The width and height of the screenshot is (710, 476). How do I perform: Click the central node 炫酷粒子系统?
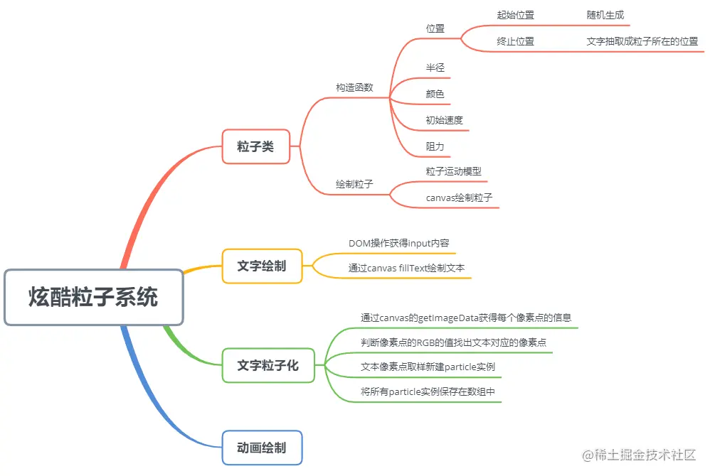(94, 297)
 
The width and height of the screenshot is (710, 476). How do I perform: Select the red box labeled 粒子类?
(255, 147)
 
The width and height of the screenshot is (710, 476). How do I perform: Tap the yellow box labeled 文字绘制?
(262, 266)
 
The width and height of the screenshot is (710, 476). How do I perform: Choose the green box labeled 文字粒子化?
(267, 366)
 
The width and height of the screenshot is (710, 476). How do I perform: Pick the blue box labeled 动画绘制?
(262, 448)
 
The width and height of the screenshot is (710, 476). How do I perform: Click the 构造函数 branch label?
(354, 87)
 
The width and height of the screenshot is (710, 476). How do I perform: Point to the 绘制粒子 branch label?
(354, 184)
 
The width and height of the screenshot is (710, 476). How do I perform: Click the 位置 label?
(435, 28)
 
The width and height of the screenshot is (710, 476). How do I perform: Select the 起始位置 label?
(515, 15)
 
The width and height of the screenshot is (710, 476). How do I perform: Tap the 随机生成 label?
(605, 15)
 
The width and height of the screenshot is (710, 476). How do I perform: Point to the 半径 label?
(435, 67)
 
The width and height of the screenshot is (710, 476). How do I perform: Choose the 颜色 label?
(435, 94)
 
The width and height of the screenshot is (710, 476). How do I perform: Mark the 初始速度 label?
(445, 120)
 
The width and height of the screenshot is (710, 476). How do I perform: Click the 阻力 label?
(435, 146)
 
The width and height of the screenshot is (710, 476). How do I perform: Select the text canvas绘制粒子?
(459, 198)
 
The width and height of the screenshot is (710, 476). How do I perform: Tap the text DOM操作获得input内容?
(398, 243)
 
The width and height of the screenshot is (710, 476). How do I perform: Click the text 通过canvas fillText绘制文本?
(406, 269)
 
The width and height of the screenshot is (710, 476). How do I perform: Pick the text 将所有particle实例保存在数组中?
(428, 391)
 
